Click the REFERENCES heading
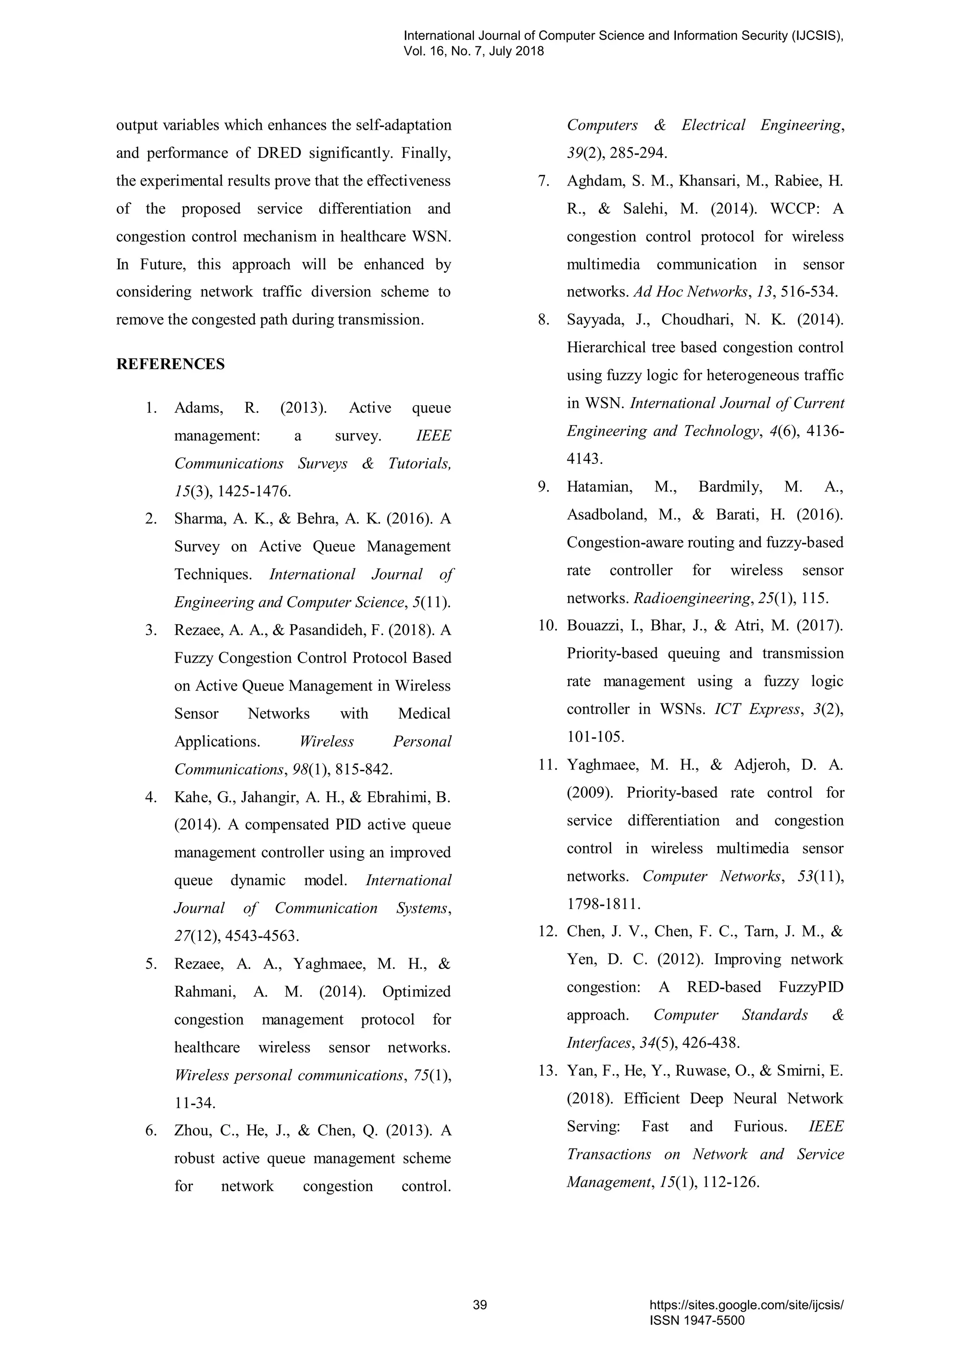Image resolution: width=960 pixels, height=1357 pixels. point(170,364)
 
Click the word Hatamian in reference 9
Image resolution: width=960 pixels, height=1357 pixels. point(600,487)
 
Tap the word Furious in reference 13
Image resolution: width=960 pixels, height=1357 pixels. point(760,1126)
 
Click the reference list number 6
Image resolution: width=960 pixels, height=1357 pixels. point(151,1131)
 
